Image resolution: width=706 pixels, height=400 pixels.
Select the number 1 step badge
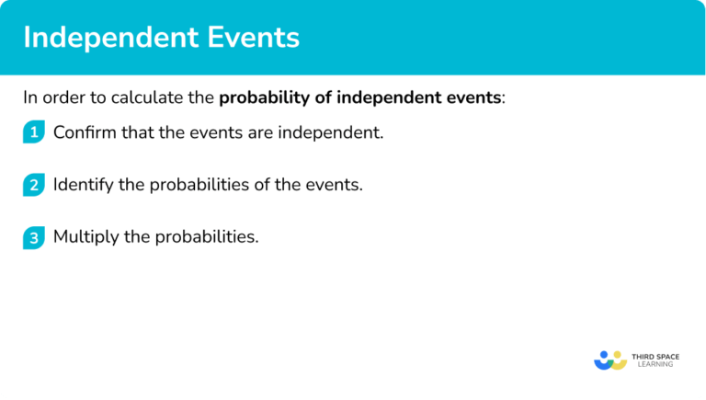(34, 132)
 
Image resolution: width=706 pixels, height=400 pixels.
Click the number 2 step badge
(34, 185)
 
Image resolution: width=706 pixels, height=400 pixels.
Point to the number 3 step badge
(34, 237)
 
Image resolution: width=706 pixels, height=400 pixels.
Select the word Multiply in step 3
(85, 237)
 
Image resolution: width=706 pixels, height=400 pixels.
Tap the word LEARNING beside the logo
(655, 365)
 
